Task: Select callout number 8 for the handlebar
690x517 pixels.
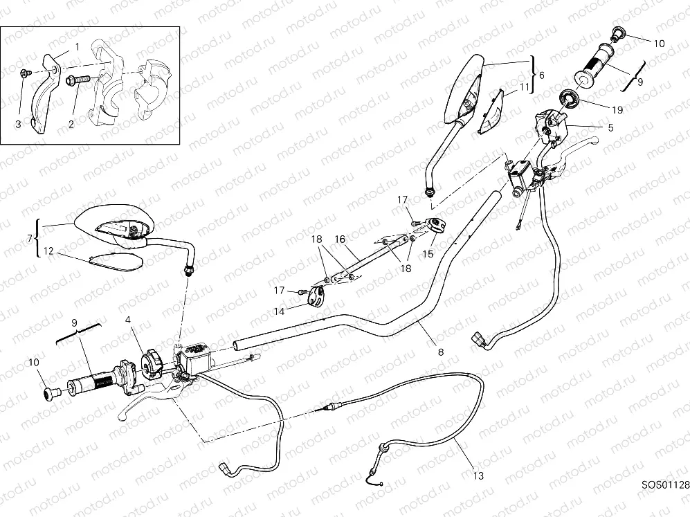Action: pyautogui.click(x=441, y=351)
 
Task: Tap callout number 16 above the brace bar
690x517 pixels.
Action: pyautogui.click(x=340, y=239)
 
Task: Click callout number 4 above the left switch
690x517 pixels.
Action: pyautogui.click(x=128, y=321)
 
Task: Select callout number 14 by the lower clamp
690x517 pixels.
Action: pyautogui.click(x=279, y=312)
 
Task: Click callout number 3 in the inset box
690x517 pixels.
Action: pyautogui.click(x=19, y=123)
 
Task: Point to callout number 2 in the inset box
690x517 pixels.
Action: pyautogui.click(x=70, y=123)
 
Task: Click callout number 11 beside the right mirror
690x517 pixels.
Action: pyautogui.click(x=525, y=87)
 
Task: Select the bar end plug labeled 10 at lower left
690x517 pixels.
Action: pyautogui.click(x=50, y=394)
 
